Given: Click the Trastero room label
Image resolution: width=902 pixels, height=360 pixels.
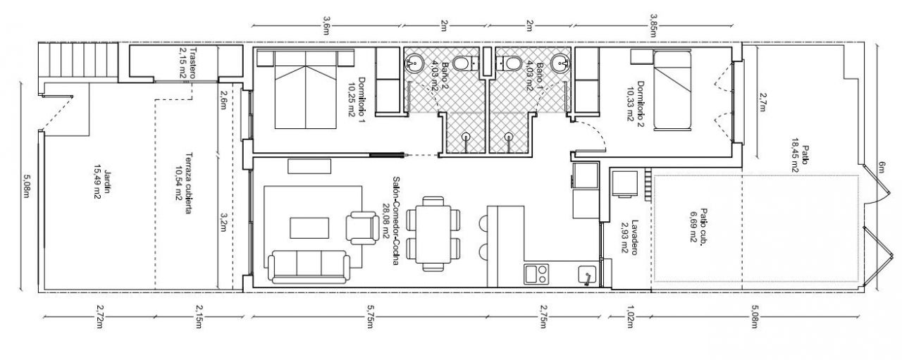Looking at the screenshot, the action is pyautogui.click(x=193, y=63).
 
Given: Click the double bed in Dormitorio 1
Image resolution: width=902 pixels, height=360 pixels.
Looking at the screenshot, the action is pyautogui.click(x=306, y=89).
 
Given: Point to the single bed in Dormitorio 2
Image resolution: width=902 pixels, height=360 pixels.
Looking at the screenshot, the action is pyautogui.click(x=672, y=89).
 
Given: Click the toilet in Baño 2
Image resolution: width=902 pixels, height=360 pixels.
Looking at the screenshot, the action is pyautogui.click(x=463, y=63).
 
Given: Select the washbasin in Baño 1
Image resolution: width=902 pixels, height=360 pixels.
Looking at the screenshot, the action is pyautogui.click(x=561, y=63).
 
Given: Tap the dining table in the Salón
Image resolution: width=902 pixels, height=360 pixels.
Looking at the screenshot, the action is pyautogui.click(x=433, y=234).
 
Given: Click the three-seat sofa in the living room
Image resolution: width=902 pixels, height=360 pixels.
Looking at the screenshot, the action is pyautogui.click(x=309, y=266).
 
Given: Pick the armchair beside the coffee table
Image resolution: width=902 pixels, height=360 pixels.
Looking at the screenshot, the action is pyautogui.click(x=362, y=228).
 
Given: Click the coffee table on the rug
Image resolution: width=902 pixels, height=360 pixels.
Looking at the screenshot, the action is pyautogui.click(x=309, y=228).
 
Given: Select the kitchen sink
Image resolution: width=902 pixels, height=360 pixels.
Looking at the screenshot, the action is pyautogui.click(x=588, y=275).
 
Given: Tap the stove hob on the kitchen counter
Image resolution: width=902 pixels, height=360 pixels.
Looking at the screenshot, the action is pyautogui.click(x=536, y=274).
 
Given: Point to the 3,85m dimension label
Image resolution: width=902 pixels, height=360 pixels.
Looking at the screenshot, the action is pyautogui.click(x=653, y=26).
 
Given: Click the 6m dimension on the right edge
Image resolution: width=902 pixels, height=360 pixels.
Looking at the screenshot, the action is pyautogui.click(x=882, y=167).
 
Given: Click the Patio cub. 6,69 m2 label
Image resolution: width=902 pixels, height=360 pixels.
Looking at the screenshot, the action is pyautogui.click(x=698, y=225).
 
